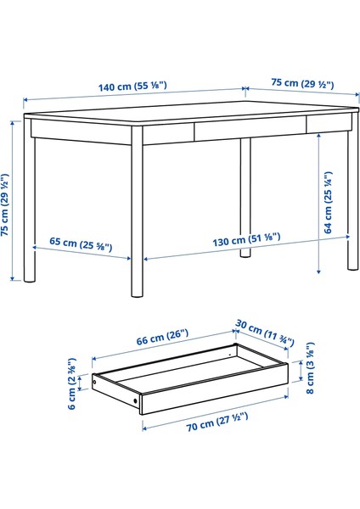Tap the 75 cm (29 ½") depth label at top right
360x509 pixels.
coord(303,85)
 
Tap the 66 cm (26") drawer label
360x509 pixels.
coord(160,340)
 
